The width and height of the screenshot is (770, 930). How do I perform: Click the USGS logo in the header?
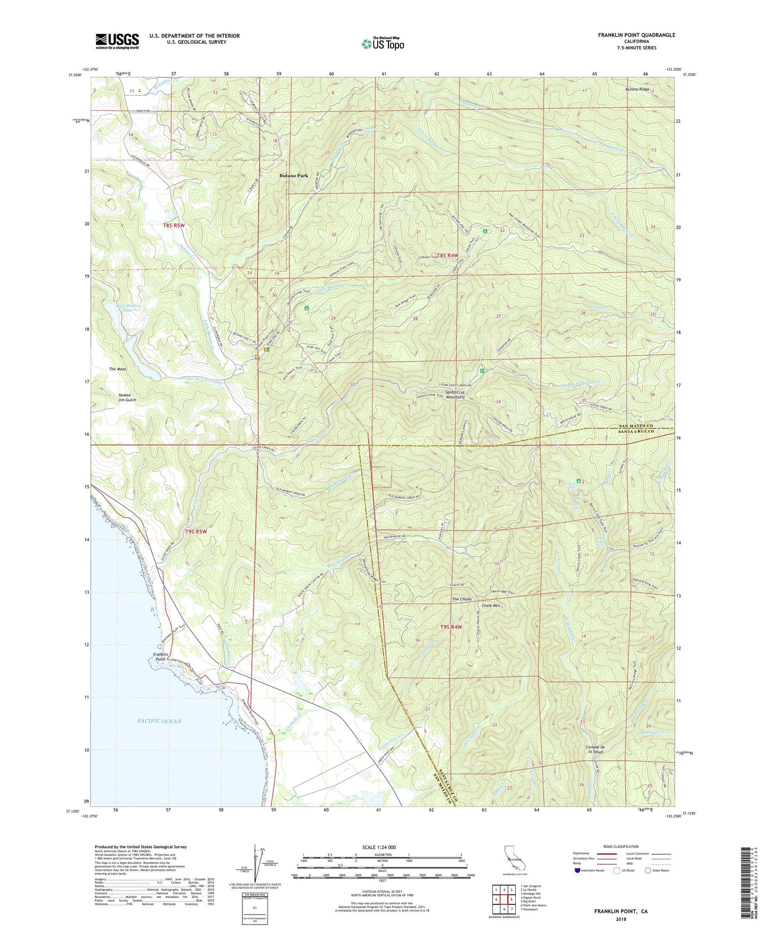[117, 41]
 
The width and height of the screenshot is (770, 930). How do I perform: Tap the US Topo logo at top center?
[382, 44]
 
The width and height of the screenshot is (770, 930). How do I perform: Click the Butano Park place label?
[294, 176]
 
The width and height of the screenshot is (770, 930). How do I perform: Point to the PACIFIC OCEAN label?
[159, 721]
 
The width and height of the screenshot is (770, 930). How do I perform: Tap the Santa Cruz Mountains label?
[456, 394]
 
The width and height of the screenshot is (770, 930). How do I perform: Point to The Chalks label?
[462, 599]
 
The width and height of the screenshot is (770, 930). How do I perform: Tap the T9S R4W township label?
[450, 627]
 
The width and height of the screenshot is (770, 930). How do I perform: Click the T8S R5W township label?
[174, 225]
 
